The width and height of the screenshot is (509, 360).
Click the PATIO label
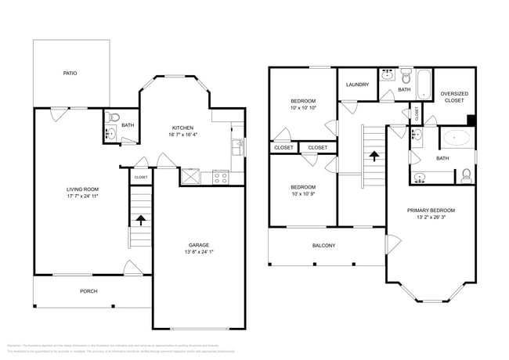(70, 74)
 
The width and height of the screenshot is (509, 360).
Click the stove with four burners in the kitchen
(220, 177)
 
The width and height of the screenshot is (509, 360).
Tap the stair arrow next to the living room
(140, 220)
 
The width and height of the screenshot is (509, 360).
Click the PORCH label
(88, 291)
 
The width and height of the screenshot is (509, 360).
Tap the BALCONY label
(323, 246)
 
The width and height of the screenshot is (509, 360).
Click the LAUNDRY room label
(357, 85)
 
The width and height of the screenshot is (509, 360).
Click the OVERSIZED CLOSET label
(453, 97)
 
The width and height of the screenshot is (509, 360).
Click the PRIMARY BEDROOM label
(431, 211)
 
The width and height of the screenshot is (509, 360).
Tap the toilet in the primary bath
(466, 175)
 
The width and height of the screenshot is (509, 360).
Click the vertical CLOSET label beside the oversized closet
(417, 113)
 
